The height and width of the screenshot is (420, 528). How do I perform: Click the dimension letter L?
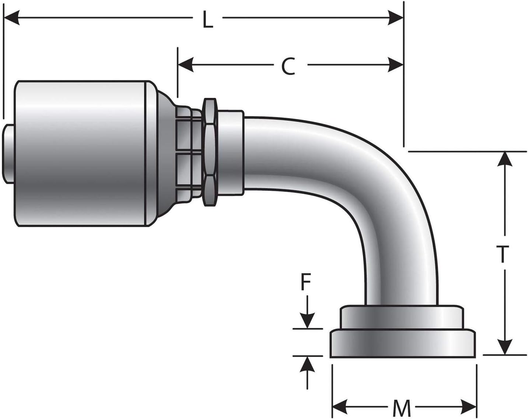click(x=208, y=20)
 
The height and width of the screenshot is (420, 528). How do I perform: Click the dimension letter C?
click(x=289, y=67)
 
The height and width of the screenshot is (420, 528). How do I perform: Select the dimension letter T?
click(x=502, y=254)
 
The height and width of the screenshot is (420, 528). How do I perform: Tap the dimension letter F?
click(x=305, y=283)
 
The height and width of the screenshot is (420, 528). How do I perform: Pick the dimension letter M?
click(x=401, y=408)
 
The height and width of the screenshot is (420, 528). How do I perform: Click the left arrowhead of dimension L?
click(x=12, y=18)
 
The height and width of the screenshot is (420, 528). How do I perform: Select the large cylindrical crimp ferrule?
click(x=83, y=153)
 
